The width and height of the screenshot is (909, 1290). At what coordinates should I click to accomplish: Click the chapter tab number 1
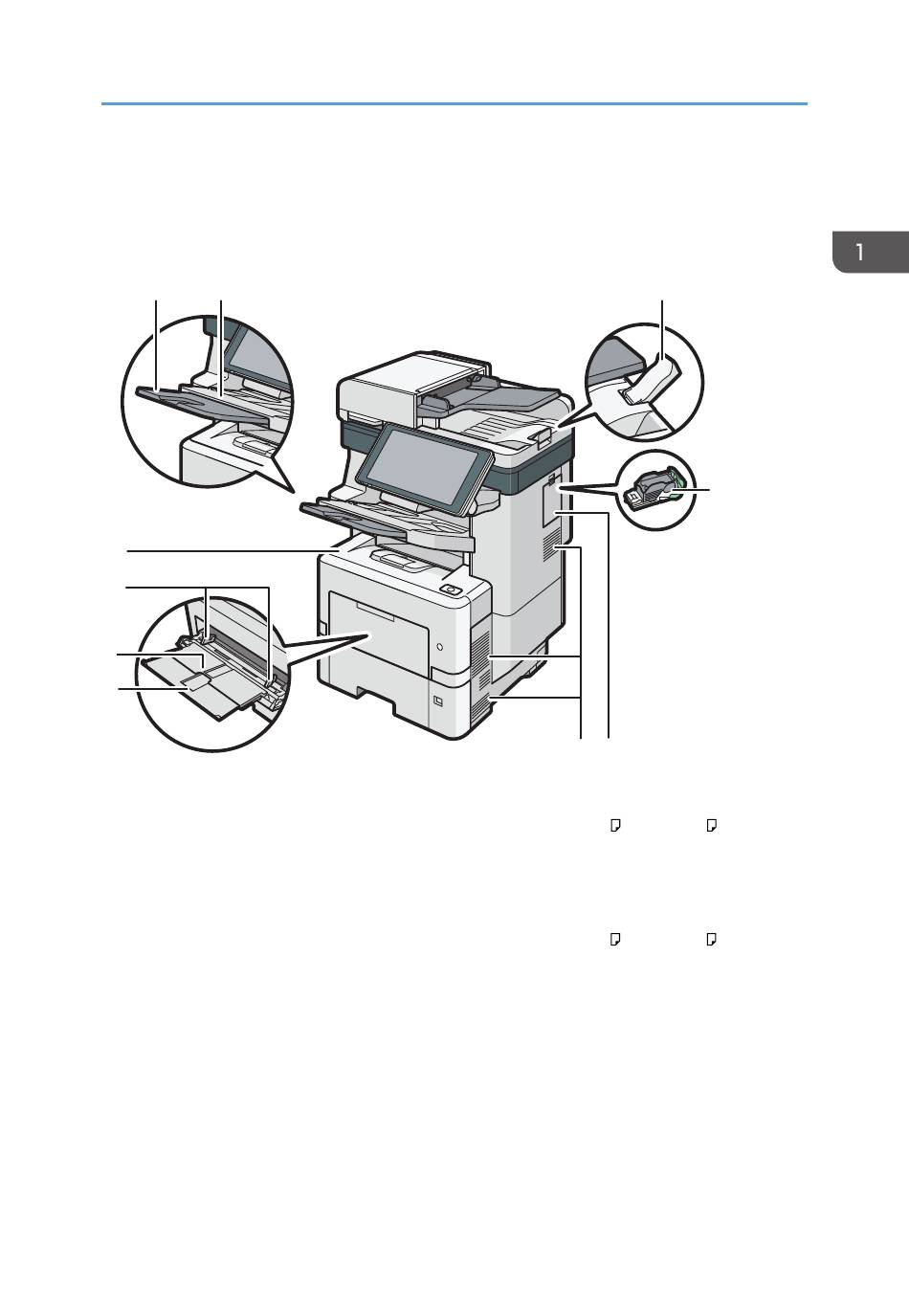click(x=859, y=253)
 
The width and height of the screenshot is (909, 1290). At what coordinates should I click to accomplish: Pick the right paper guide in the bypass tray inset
click(x=276, y=688)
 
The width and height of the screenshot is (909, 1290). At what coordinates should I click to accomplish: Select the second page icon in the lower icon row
click(x=711, y=940)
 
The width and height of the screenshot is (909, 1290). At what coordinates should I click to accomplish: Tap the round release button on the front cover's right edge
click(x=439, y=647)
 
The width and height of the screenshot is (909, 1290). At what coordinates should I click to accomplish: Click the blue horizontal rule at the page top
click(x=454, y=103)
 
